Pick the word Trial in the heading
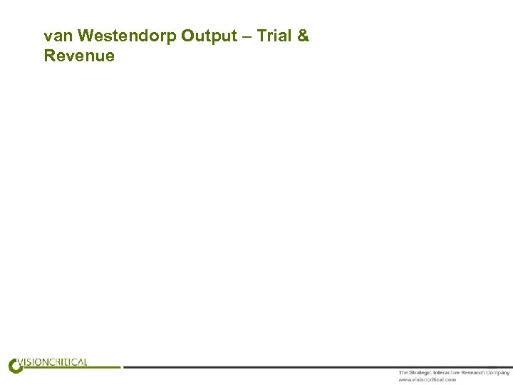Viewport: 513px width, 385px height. pyautogui.click(x=274, y=36)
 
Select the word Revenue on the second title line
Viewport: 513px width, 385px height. pyautogui.click(x=79, y=56)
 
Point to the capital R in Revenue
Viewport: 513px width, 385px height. pyautogui.click(x=50, y=56)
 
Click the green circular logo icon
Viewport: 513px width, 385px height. pyautogui.click(x=15, y=366)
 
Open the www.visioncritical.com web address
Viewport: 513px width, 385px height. pyautogui.click(x=427, y=379)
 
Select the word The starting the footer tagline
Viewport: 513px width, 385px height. pyautogui.click(x=403, y=373)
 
